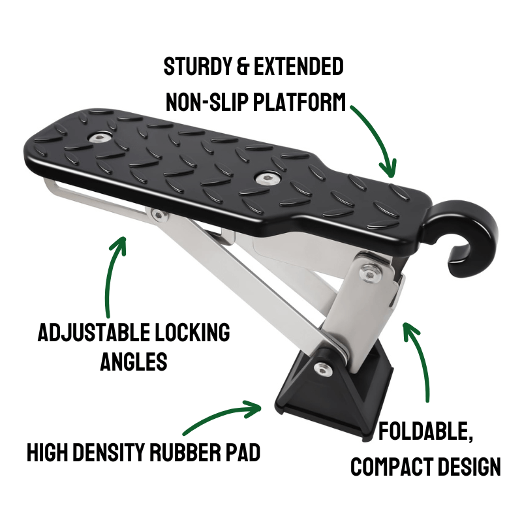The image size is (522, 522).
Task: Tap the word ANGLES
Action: tap(134, 361)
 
